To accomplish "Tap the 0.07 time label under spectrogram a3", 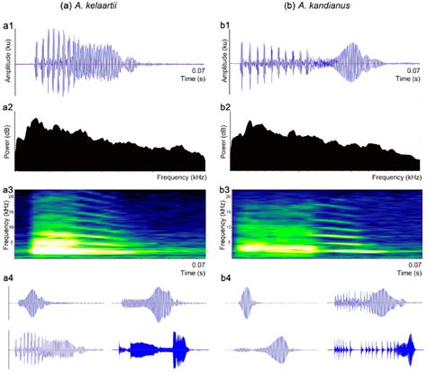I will pyautogui.click(x=197, y=264).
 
